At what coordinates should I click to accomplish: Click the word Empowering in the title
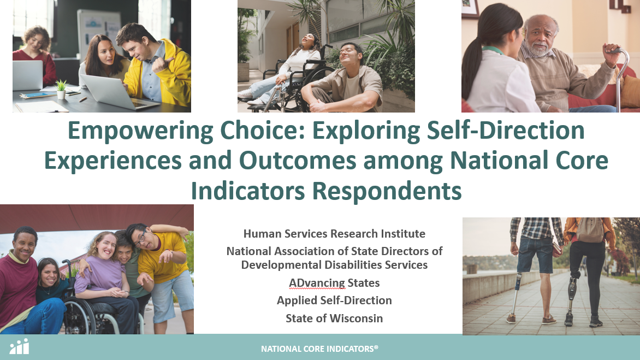coord(140,131)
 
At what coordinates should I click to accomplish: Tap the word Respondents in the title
coord(387,191)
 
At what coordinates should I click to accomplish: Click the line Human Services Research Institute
coord(334,233)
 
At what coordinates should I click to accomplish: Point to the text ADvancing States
coord(334,283)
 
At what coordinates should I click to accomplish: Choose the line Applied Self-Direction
coord(334,300)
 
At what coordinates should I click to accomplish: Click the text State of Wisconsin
coord(334,318)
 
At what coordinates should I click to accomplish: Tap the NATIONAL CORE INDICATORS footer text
coord(319,349)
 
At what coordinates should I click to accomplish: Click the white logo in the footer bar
coord(19,346)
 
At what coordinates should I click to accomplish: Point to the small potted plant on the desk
coord(61,89)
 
